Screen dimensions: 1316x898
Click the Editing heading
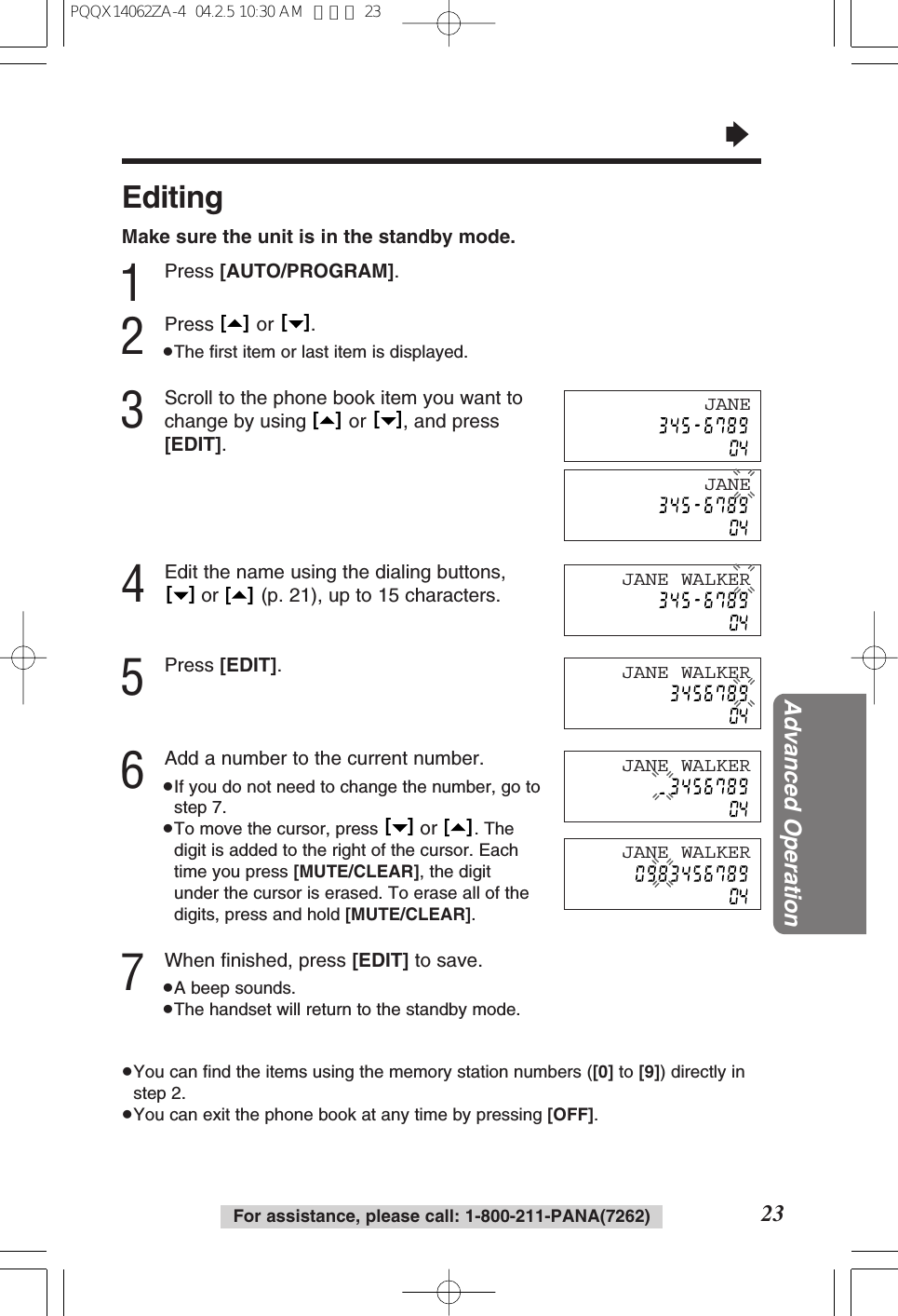[x=173, y=197]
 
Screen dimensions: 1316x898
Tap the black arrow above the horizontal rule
[x=737, y=135]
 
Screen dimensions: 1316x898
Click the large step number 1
[x=133, y=282]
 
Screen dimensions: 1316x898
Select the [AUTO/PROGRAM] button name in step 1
[x=307, y=271]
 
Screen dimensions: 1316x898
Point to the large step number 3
[x=133, y=411]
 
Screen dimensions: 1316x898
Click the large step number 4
[x=133, y=585]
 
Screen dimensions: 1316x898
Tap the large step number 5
[x=133, y=677]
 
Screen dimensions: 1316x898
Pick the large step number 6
[x=133, y=771]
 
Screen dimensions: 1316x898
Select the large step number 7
[x=133, y=972]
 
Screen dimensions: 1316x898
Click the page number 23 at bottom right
[x=772, y=1214]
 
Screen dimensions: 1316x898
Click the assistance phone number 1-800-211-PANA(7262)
[x=557, y=1216]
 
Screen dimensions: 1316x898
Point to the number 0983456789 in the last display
[x=691, y=874]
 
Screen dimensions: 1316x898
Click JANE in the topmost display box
[x=727, y=404]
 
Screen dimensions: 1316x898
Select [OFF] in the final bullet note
[x=570, y=1115]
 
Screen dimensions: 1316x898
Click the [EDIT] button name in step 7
[x=380, y=960]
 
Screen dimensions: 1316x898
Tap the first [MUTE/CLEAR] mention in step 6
[x=355, y=872]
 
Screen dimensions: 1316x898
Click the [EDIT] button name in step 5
[x=248, y=665]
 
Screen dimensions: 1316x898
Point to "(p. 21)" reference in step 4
[x=289, y=595]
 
